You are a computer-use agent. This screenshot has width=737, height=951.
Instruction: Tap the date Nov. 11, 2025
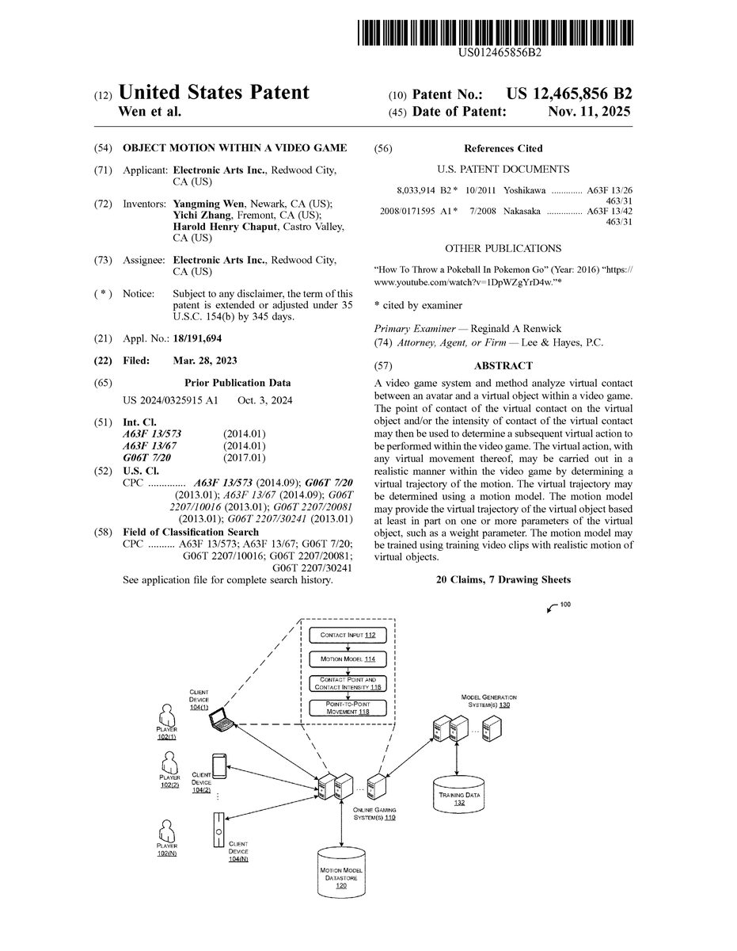[589, 112]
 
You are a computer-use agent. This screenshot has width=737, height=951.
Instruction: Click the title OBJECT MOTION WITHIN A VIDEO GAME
[234, 148]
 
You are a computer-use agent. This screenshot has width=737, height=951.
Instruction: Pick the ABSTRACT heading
[503, 365]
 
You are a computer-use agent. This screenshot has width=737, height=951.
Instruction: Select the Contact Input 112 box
[348, 636]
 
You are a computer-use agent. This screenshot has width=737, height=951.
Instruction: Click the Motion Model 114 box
[348, 659]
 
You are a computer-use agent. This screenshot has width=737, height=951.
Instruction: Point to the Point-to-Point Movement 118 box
[348, 708]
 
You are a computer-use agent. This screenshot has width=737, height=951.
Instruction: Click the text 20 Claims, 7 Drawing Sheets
[503, 580]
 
